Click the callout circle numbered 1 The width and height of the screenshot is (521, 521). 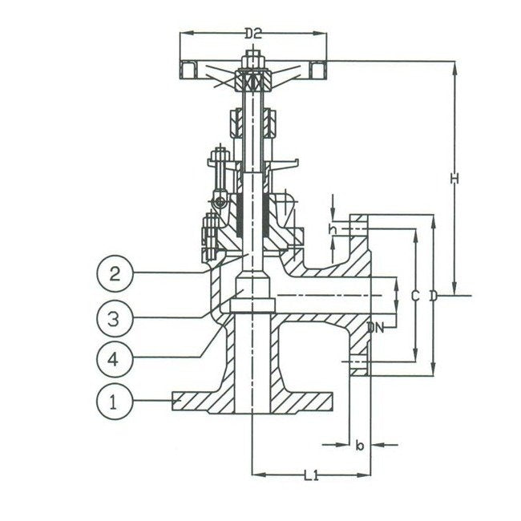point(114,402)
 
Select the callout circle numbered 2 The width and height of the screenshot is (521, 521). point(115,273)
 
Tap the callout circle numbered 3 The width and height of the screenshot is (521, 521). point(115,318)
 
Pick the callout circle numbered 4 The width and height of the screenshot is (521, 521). point(114,358)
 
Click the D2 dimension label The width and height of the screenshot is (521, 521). point(253,34)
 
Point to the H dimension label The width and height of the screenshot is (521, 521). point(454,179)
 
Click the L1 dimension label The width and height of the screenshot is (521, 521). point(311,475)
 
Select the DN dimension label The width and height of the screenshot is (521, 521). point(375,329)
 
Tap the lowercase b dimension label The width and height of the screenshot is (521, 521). point(360,445)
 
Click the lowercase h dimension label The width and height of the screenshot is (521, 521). point(333,229)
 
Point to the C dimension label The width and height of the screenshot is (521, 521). point(414,296)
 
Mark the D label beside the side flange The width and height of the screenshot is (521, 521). point(434,296)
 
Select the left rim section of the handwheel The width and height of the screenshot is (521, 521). point(188,70)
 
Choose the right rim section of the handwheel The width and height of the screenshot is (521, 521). point(318,70)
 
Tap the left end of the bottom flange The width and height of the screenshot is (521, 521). point(172,402)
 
